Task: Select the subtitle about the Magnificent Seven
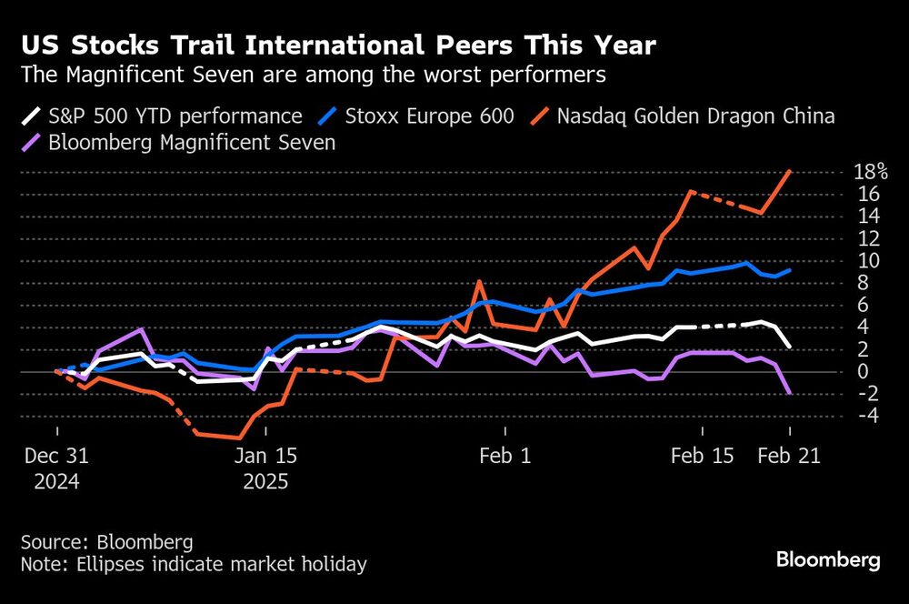tap(313, 75)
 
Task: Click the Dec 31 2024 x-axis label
tap(57, 468)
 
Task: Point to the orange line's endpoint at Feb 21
tap(789, 171)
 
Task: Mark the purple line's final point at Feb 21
tap(789, 393)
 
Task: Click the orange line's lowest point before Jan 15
tap(239, 438)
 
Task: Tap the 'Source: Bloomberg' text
tap(107, 542)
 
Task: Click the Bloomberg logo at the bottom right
tap(827, 559)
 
